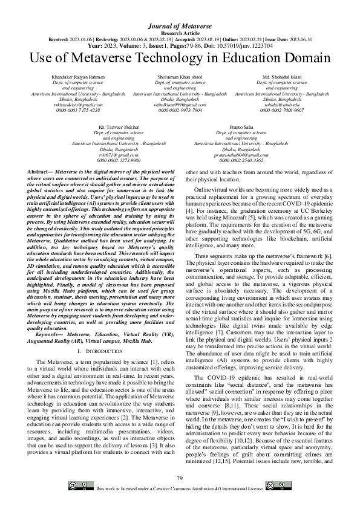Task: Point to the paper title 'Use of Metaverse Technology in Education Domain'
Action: (x=180, y=57)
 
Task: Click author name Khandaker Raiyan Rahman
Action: (x=78, y=77)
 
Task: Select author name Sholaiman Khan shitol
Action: (x=180, y=77)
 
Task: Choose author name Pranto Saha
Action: (x=241, y=128)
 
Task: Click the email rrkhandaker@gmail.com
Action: (x=78, y=105)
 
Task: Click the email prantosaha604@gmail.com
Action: (x=241, y=155)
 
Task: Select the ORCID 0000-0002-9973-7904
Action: (x=180, y=111)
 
